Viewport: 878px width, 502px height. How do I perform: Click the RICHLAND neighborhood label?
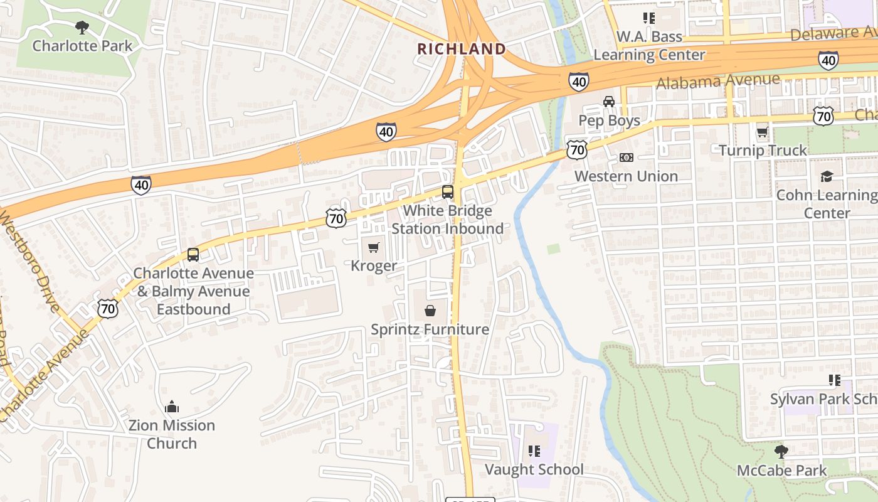462,49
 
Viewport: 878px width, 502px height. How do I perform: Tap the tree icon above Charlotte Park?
82,27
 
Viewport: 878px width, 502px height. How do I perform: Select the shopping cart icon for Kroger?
374,247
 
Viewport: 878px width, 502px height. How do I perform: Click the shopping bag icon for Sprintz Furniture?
430,311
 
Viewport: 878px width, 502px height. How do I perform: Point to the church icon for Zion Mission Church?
172,407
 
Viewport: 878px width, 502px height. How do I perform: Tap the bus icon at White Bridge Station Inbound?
447,192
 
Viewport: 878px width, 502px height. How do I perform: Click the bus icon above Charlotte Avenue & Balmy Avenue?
193,255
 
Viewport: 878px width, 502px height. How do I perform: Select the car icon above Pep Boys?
608,102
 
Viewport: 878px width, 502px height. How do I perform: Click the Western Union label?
626,176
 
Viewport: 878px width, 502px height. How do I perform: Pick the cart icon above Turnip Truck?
762,132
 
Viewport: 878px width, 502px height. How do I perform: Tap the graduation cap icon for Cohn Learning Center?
827,176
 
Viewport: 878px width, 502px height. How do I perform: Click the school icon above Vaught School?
534,451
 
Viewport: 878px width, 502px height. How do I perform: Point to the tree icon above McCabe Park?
781,451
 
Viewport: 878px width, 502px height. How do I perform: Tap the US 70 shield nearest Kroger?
336,218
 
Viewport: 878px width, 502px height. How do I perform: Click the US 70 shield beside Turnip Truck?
823,115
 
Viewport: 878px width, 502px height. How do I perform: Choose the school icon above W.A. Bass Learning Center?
648,18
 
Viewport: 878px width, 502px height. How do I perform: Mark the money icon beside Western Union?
626,158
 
